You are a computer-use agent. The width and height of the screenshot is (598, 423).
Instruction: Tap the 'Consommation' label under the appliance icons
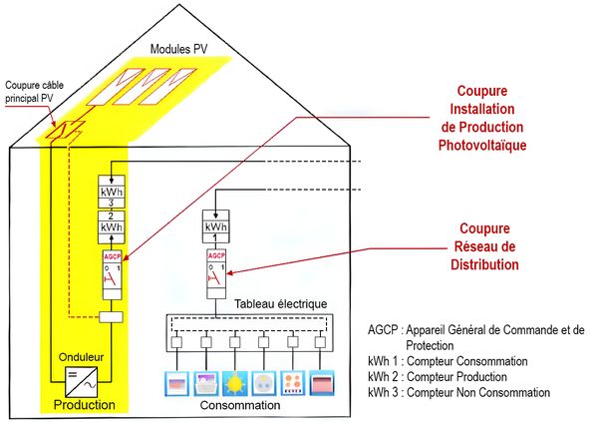coord(239,405)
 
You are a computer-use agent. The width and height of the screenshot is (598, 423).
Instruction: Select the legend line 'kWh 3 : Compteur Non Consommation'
coord(458,393)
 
